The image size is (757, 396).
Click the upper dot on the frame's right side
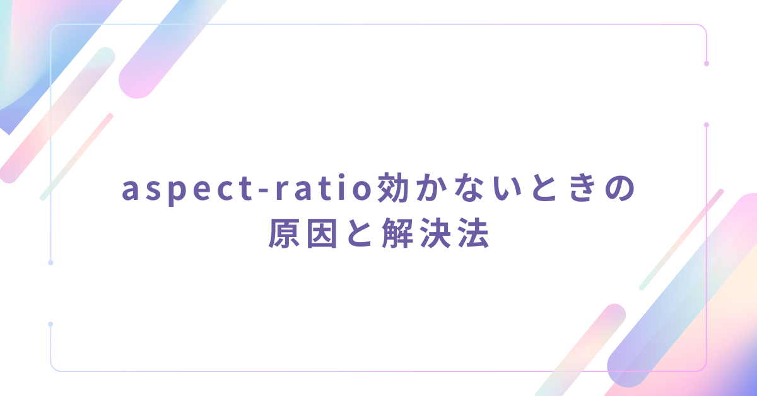707,64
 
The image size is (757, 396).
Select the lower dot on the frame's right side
707,125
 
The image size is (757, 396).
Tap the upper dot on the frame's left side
50,262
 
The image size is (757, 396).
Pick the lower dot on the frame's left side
50,324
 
